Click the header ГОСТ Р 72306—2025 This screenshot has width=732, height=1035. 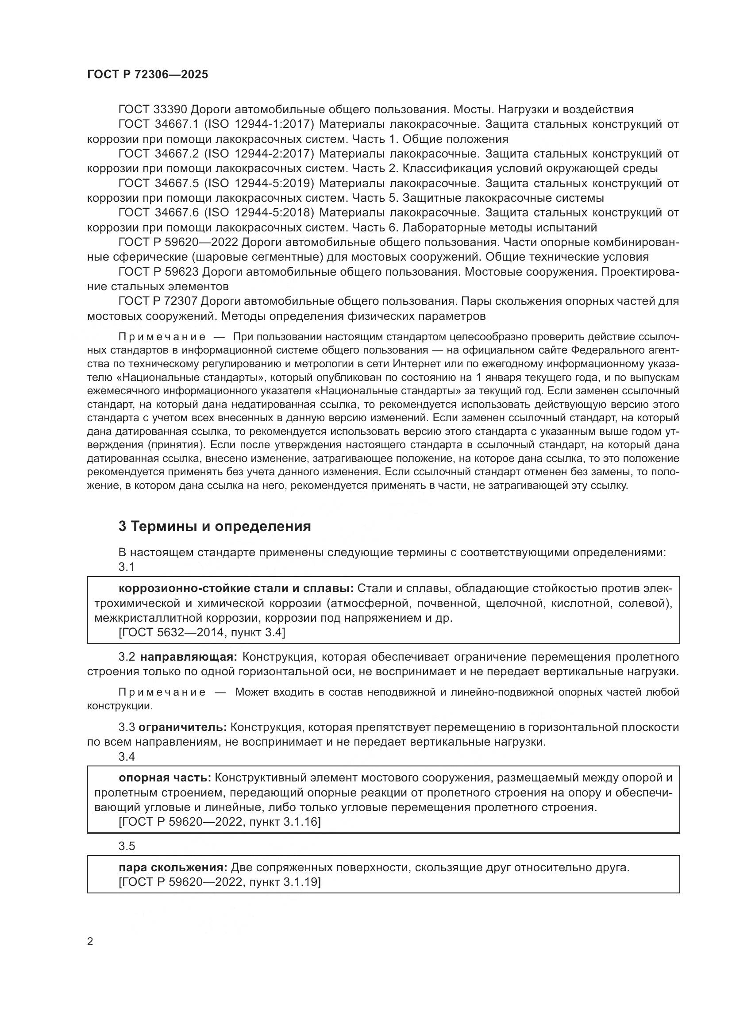click(x=147, y=75)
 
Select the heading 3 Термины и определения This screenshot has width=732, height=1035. click(x=215, y=526)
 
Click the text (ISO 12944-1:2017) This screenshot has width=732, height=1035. click(x=259, y=124)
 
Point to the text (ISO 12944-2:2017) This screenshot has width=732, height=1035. click(x=259, y=154)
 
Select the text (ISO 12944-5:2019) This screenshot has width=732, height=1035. click(x=259, y=184)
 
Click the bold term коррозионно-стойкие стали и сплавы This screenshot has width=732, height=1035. click(x=236, y=588)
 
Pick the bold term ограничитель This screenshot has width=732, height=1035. click(x=182, y=727)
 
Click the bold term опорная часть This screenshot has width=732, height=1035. click(x=165, y=777)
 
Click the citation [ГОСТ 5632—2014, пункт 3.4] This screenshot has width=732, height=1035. click(x=201, y=632)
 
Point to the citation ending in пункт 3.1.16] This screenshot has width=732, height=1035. click(x=219, y=822)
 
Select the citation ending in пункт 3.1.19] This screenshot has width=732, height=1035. click(x=219, y=882)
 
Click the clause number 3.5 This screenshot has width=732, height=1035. click(x=127, y=846)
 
